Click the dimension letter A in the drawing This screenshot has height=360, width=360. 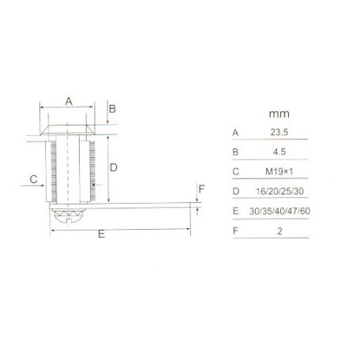68,101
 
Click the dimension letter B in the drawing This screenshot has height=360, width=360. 112,108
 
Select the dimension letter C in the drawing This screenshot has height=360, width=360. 33,180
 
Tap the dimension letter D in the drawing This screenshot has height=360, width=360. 114,167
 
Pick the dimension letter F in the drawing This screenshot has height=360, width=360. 201,189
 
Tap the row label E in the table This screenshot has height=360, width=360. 235,212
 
